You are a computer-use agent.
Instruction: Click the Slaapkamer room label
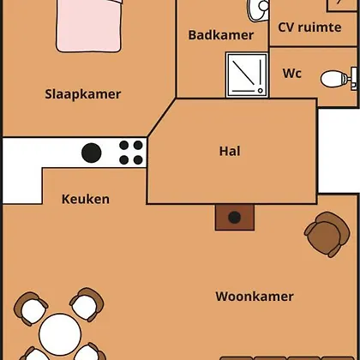[x=83, y=94]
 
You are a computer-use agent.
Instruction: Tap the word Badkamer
[x=221, y=35]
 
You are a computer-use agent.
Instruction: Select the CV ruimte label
[x=309, y=27]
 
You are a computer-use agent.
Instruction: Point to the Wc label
[x=292, y=74]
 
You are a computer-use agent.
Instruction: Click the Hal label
[x=230, y=151]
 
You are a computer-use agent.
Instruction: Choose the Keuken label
[x=86, y=199]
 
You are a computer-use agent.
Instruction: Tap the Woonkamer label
[x=255, y=297]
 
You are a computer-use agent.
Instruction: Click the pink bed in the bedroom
[x=89, y=26]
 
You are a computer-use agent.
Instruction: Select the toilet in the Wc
[x=339, y=79]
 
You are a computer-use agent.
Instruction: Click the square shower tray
[x=247, y=75]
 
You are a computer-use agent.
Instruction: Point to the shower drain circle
[x=260, y=91]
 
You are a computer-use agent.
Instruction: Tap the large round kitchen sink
[x=92, y=153]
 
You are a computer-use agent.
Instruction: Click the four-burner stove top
[x=131, y=153]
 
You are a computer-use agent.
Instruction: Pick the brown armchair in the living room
[x=327, y=234]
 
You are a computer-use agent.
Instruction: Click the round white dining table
[x=60, y=334]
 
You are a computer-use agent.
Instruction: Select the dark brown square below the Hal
[x=235, y=218]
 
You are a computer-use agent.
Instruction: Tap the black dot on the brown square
[x=235, y=218]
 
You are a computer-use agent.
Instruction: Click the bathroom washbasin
[x=259, y=9]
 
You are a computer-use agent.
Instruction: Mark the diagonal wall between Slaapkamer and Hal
[x=162, y=117]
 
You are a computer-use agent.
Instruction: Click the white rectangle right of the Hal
[x=339, y=151]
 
